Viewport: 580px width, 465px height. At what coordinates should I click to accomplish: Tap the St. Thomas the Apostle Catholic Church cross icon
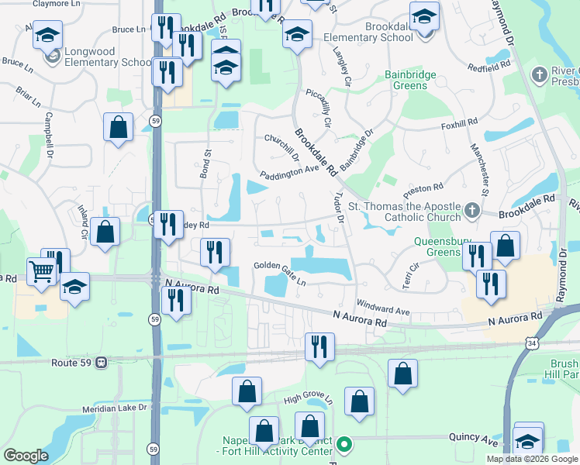(471, 210)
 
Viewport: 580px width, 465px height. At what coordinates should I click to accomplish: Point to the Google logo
(26, 456)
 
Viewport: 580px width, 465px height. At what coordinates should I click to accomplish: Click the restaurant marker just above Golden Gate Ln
(215, 252)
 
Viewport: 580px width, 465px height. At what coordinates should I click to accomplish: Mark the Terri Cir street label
(410, 274)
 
